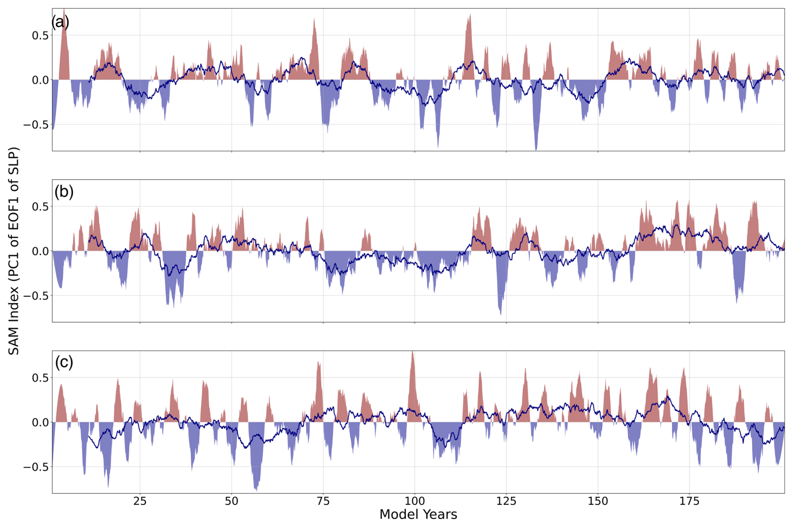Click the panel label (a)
pos(60,22)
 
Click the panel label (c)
pos(64,362)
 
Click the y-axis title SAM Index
pos(13,251)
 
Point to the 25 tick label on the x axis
pos(140,501)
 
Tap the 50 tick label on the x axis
pos(231,501)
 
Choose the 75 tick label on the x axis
pos(323,501)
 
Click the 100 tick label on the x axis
pos(415,501)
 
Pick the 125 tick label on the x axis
pos(506,501)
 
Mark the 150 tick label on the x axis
pos(598,501)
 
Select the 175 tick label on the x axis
pos(689,501)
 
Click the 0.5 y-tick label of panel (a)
pos(40,36)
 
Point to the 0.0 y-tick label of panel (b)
pos(40,251)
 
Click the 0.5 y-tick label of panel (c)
pos(40,378)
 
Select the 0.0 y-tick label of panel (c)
pos(40,422)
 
